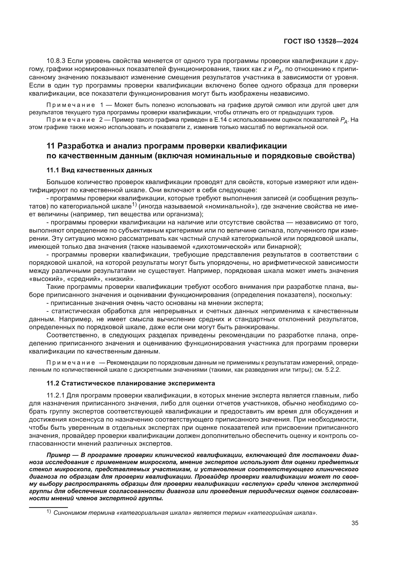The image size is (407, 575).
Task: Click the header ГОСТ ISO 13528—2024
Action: click(321, 41)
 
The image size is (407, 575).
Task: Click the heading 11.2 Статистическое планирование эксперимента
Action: click(131, 383)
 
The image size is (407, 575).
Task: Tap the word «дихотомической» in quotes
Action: click(221, 247)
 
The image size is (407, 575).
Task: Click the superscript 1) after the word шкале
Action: click(134, 205)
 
